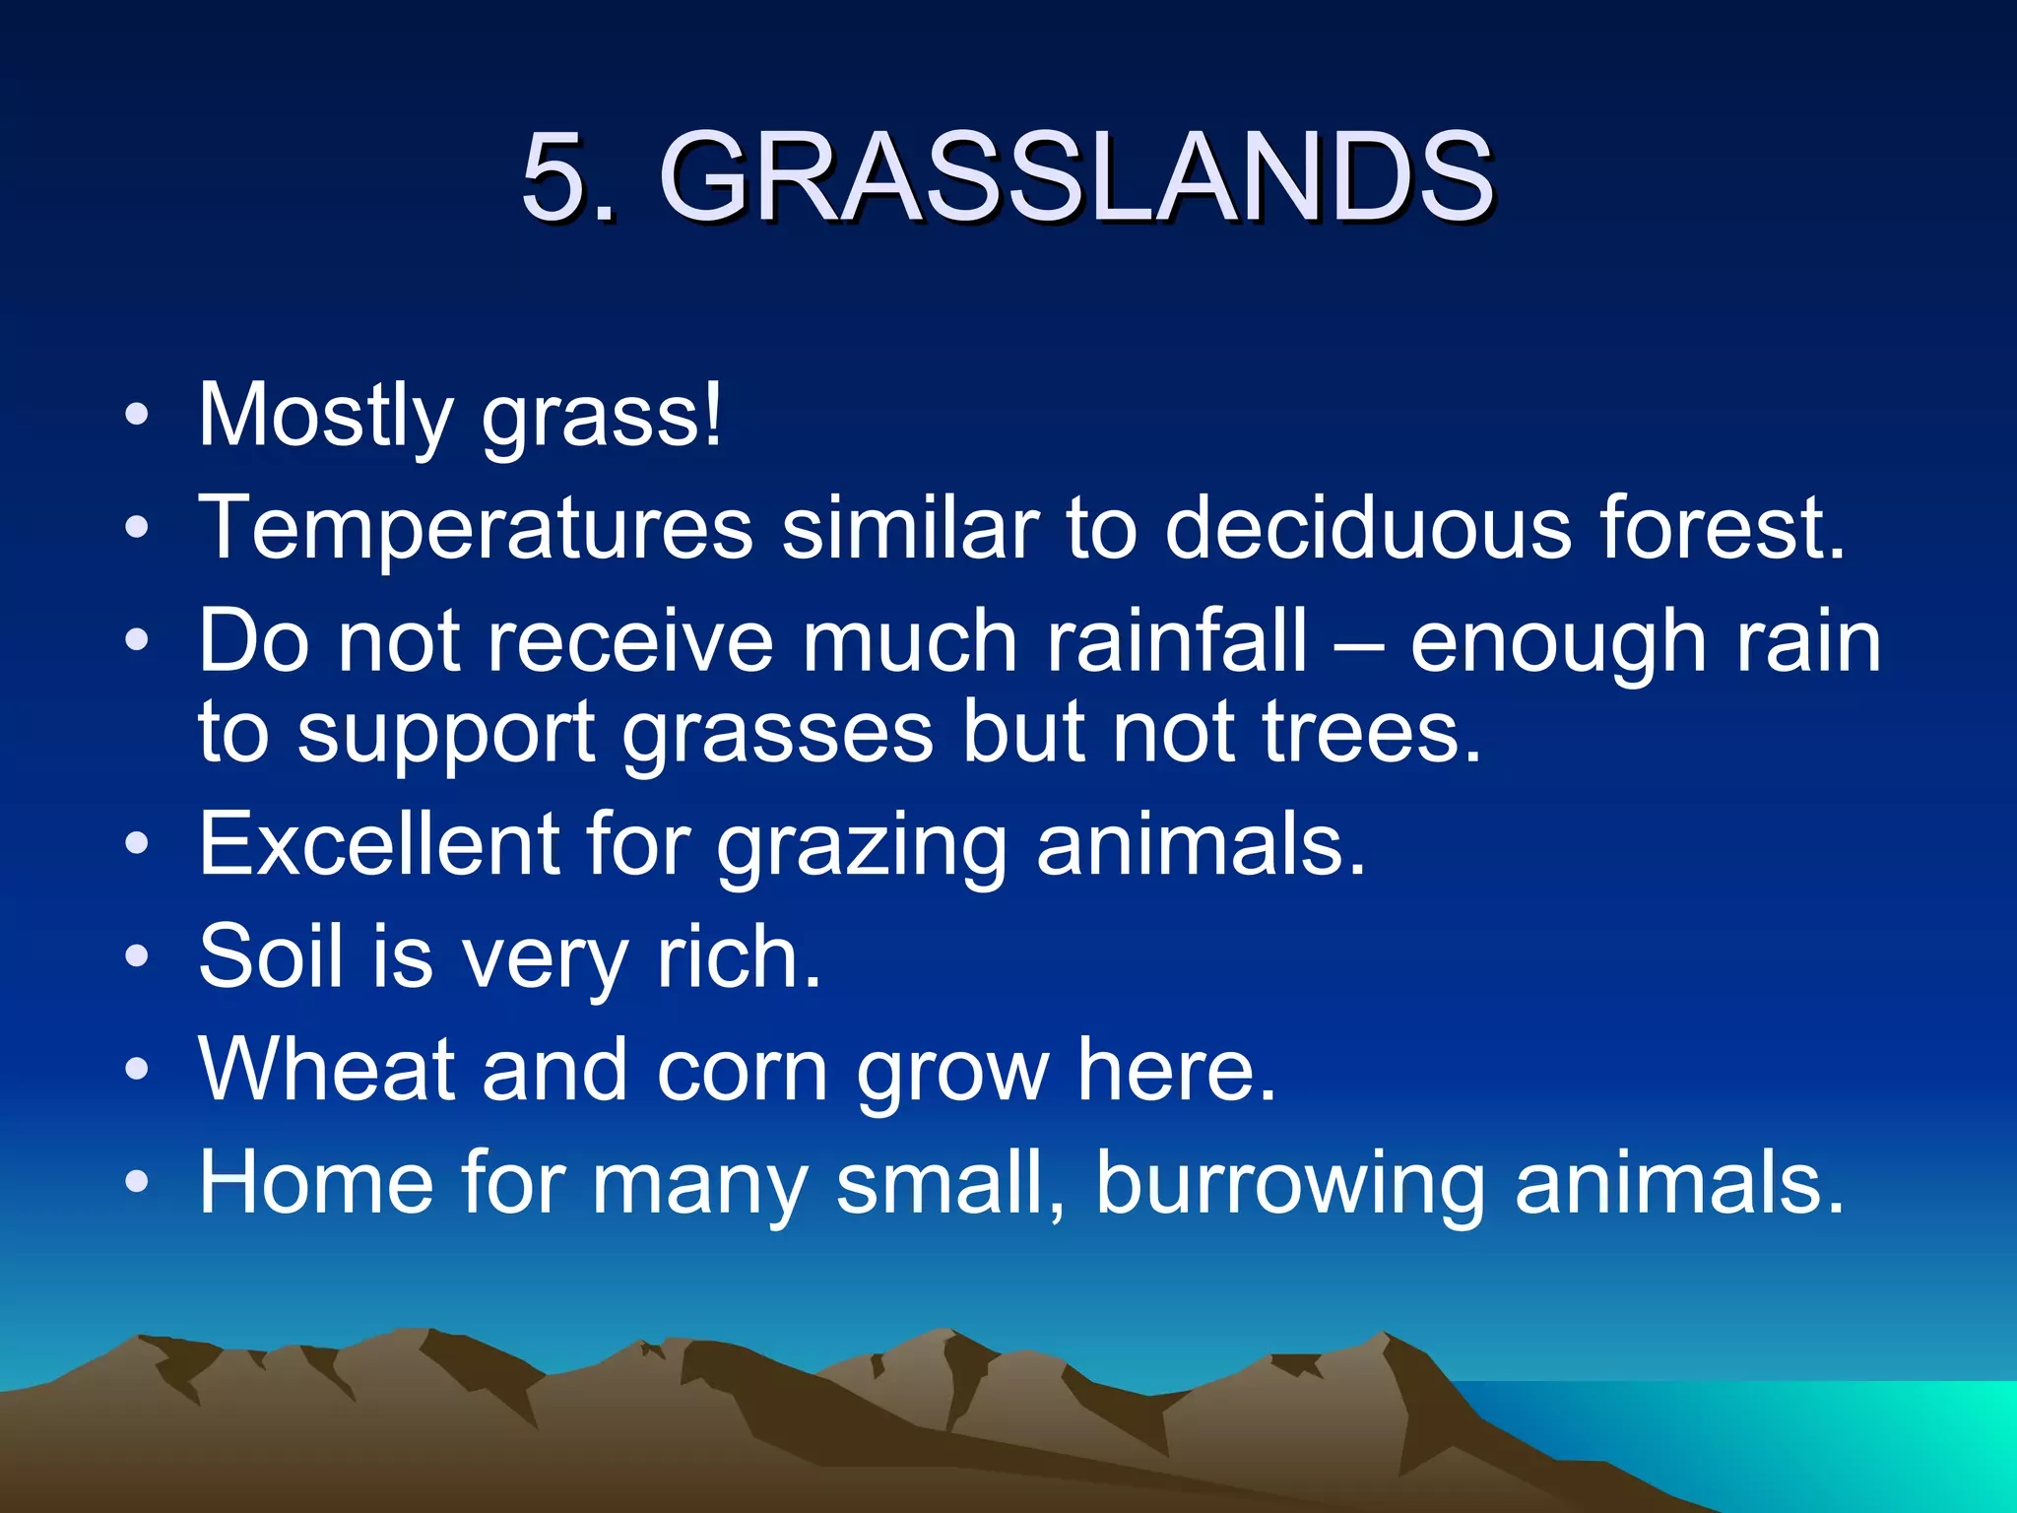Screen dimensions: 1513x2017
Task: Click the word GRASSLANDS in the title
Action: pos(1075,177)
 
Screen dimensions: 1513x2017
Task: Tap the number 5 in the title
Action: pos(553,177)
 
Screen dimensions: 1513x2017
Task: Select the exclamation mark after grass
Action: pos(713,414)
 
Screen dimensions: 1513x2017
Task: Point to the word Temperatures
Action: pos(476,529)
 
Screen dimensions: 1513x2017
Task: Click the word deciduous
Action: pos(1368,529)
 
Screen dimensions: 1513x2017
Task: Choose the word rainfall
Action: pos(1177,641)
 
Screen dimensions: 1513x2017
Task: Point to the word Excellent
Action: pos(378,844)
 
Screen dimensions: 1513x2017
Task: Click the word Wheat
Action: pos(326,1070)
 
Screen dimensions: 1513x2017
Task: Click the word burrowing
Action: pos(1290,1184)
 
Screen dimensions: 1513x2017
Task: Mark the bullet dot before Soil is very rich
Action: pos(137,954)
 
